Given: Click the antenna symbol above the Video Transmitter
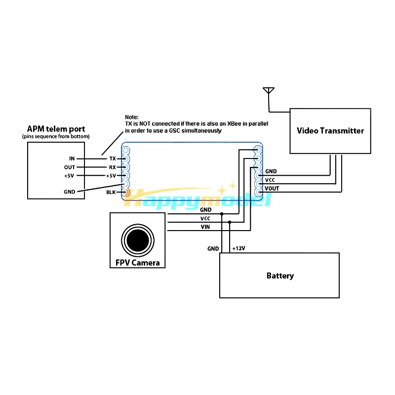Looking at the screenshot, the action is [269, 91].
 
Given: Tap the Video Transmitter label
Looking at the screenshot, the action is [330, 130].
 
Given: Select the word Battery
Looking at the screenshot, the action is [280, 276].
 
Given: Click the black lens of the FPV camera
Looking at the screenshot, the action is [138, 240].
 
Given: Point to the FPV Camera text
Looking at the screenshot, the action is [138, 263].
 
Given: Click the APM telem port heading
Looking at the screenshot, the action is [56, 129].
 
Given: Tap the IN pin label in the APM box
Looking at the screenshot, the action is [72, 158].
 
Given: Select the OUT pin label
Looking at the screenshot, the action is [70, 167].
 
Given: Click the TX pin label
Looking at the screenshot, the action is [113, 158].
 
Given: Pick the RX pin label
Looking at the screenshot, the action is [113, 167].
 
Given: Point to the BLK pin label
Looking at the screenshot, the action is [111, 192].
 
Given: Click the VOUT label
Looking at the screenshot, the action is [272, 189].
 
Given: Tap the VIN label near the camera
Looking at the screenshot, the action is [205, 227].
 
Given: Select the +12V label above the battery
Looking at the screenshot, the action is [239, 248].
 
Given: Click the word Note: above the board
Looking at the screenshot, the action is [132, 117].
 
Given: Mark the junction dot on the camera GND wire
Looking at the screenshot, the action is [222, 214].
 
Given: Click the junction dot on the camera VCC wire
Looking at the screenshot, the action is [230, 222].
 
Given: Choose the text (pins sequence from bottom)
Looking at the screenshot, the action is [56, 137].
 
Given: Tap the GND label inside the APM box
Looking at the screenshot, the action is [70, 192].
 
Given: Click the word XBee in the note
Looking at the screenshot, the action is [234, 124].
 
